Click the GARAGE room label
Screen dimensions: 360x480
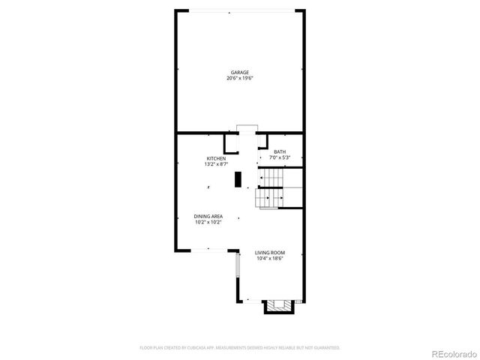(239, 72)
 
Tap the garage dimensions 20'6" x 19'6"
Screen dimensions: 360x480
(239, 78)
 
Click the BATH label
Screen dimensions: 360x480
(280, 152)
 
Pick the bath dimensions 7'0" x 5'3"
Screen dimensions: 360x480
(280, 157)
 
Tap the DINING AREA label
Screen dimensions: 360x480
(208, 216)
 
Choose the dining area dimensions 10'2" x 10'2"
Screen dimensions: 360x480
(208, 222)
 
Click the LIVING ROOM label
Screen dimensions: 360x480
(269, 253)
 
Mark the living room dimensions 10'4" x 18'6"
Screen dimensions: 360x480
(269, 259)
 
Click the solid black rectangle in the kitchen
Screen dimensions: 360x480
(238, 179)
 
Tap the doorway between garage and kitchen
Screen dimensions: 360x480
(247, 131)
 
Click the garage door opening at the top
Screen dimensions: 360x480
(239, 10)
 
